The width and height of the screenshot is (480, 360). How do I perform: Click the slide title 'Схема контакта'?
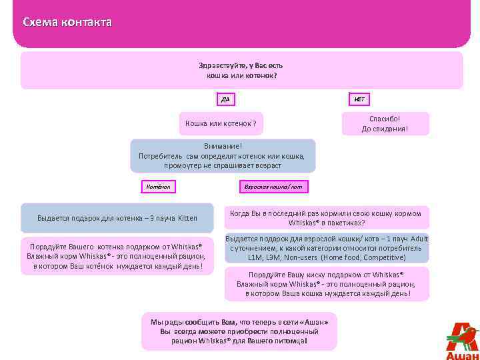(x=67, y=23)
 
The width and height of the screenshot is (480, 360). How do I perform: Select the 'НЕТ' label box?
(x=359, y=99)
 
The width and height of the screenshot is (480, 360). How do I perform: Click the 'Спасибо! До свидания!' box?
(x=385, y=123)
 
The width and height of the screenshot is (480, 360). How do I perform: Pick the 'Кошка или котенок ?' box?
(x=220, y=123)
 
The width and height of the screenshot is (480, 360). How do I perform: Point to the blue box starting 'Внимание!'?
(x=223, y=155)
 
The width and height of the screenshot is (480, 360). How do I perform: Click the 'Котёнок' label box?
(x=155, y=187)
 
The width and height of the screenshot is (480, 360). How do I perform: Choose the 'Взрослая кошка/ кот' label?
(x=273, y=187)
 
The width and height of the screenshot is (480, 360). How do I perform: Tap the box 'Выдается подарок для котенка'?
(x=117, y=218)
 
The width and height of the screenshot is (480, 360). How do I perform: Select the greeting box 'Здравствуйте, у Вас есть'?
(x=241, y=71)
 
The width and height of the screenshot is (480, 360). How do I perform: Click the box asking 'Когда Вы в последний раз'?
(x=327, y=218)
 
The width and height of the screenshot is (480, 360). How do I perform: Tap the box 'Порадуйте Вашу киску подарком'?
(x=327, y=284)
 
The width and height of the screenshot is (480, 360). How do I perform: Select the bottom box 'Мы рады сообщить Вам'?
(x=239, y=331)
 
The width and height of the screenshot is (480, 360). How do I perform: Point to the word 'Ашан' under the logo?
(x=462, y=355)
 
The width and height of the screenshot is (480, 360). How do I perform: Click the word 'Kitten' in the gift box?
(x=187, y=218)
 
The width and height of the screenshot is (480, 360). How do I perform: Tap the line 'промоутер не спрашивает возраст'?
(x=223, y=165)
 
